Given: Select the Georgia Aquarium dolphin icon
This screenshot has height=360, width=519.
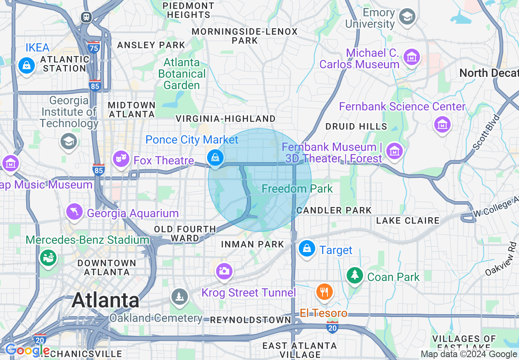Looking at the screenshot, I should point(74,211).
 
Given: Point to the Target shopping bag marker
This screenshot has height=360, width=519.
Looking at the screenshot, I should point(307,248).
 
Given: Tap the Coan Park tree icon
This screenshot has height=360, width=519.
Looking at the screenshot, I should point(355,275).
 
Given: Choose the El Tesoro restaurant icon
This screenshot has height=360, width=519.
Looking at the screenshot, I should point(325,291).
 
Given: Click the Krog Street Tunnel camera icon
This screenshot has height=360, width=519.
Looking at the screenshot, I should point(224,270).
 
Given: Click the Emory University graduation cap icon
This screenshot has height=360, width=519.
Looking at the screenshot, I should point(408,17).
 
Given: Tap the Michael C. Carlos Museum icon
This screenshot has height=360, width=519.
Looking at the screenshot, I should point(411,57).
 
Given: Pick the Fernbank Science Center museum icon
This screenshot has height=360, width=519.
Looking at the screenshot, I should point(442,123).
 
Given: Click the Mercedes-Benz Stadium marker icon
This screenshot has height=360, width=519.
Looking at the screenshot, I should point(48,257).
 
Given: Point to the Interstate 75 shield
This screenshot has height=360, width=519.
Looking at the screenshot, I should point(94,47).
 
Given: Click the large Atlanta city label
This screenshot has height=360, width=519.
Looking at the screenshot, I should point(106,301).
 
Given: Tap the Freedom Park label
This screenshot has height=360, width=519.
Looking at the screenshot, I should point(297,189).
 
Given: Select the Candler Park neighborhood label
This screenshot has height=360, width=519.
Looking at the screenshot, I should point(334,210).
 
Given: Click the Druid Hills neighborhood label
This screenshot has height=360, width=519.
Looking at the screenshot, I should point(356,126).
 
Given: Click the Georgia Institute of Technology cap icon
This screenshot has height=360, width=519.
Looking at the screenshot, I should point(68,142).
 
